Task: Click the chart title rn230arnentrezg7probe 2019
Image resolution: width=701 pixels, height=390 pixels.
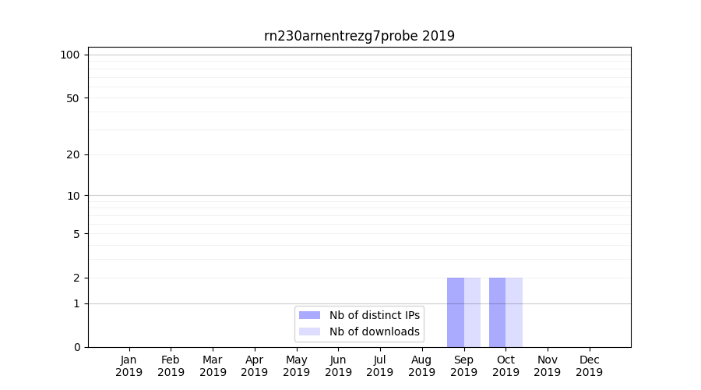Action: click(359, 36)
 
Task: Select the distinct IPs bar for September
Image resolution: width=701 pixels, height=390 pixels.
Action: click(456, 312)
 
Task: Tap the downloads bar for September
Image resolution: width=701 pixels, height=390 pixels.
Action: click(472, 312)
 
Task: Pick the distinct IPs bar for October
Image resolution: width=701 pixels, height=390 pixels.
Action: click(497, 312)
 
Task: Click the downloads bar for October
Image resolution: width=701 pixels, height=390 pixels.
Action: click(514, 312)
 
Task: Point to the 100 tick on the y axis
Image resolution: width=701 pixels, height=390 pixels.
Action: click(70, 55)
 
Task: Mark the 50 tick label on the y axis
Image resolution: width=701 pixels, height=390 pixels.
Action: click(73, 98)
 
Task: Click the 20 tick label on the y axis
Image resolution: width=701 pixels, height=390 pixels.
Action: click(73, 154)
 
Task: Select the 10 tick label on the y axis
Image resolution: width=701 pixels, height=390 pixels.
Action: click(73, 196)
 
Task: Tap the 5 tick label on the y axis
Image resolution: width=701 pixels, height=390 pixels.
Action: click(76, 234)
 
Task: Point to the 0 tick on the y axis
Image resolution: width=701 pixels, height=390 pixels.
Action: click(76, 347)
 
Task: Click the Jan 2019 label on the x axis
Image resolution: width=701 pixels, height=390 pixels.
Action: click(129, 366)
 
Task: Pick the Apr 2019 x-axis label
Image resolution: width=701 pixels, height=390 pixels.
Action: click(255, 366)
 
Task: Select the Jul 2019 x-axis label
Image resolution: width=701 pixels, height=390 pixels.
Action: click(380, 366)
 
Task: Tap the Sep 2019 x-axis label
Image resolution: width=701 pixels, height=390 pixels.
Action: click(463, 366)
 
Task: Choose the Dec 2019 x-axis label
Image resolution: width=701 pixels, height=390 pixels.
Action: click(589, 366)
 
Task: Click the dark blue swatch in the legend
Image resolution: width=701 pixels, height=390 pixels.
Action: click(309, 315)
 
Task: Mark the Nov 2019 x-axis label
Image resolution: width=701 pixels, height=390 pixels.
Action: click(548, 366)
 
